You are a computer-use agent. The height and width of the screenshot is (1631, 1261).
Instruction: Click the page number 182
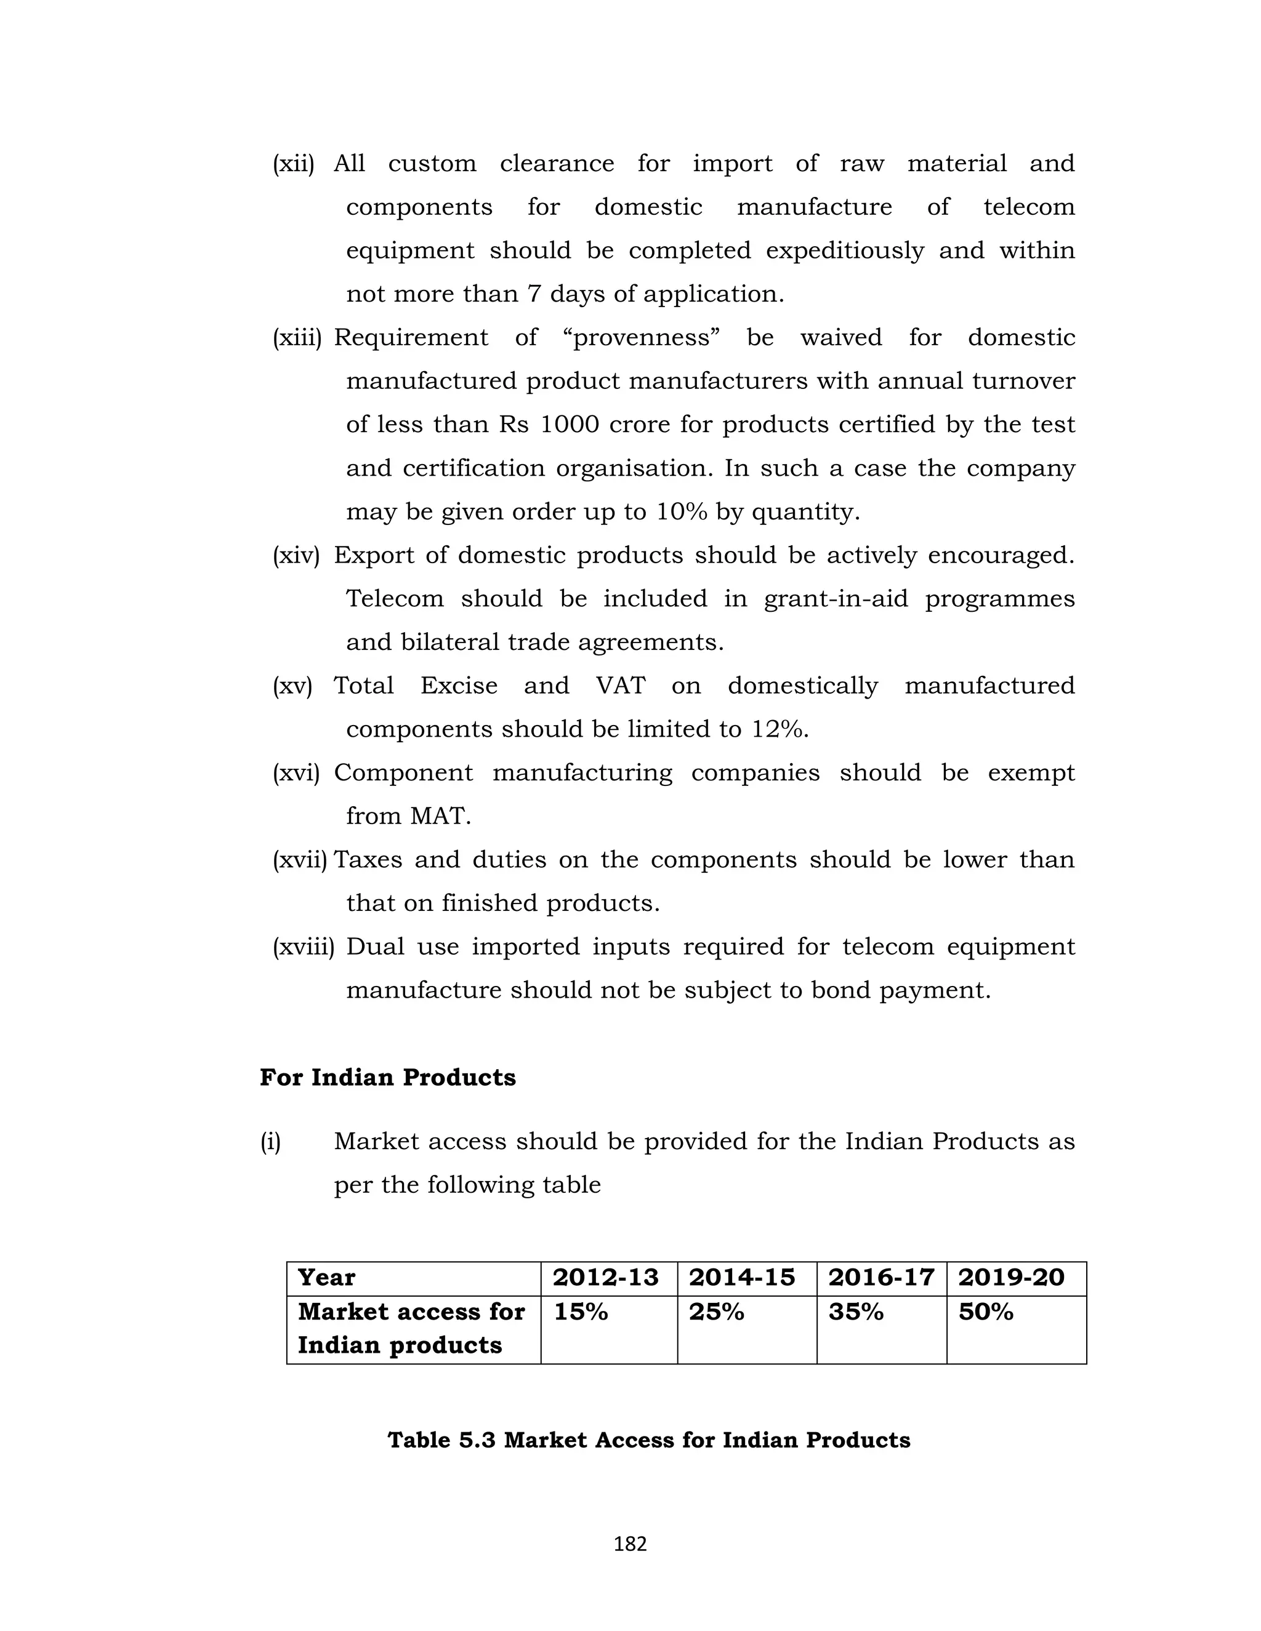tap(630, 1544)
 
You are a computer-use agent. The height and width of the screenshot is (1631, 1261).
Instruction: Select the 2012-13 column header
tap(605, 1277)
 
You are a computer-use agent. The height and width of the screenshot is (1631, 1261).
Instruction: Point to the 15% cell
tap(581, 1312)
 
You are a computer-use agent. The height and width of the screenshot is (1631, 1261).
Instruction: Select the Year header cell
tap(326, 1277)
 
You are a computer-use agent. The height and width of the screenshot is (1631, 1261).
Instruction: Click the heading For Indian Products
tap(388, 1078)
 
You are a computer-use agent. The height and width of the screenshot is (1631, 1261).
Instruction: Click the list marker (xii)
tap(293, 164)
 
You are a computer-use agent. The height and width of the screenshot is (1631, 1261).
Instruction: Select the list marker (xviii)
tap(302, 947)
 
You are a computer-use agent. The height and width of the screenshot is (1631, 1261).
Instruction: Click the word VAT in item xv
tap(620, 686)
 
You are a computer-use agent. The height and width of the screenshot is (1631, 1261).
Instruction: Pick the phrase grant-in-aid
tap(835, 599)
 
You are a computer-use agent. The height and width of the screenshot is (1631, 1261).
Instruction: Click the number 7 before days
tap(533, 294)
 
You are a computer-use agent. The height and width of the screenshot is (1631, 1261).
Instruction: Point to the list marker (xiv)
tap(296, 556)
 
